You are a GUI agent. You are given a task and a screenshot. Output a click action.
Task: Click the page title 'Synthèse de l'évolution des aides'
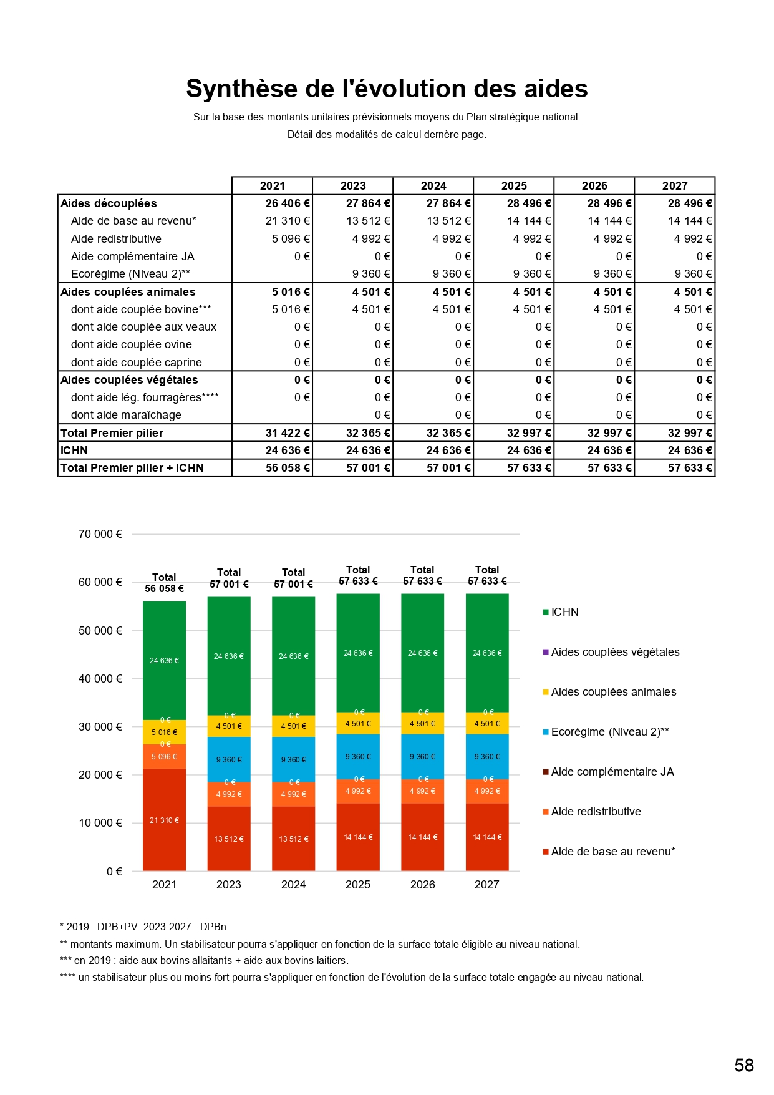point(387,89)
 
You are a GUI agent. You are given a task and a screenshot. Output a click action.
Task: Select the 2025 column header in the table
point(514,186)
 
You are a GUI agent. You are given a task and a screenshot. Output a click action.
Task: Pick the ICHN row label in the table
point(74,450)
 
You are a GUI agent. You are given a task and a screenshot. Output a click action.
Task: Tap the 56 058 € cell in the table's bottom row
point(287,468)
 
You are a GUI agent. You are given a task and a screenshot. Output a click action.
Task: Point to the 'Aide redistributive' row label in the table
point(116,239)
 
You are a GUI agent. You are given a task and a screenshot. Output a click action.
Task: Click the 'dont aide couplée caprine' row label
point(136,363)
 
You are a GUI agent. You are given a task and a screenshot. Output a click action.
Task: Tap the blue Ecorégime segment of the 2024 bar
point(293,760)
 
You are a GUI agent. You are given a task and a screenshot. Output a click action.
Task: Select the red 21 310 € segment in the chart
point(164,820)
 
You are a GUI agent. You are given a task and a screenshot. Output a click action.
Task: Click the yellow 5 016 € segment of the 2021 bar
point(164,732)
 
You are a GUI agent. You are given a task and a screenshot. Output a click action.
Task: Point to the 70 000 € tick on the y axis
point(100,534)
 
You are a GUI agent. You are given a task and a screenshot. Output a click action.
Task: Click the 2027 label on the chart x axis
point(486,885)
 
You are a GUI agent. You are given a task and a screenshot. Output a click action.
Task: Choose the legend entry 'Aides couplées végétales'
point(615,652)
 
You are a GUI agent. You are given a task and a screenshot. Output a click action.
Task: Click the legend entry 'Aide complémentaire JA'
point(612,772)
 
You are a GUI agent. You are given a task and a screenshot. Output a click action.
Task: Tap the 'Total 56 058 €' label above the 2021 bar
point(164,583)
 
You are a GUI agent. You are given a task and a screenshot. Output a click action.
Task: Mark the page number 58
point(744,1065)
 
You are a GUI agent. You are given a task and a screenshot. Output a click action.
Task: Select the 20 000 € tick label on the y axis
point(100,775)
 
